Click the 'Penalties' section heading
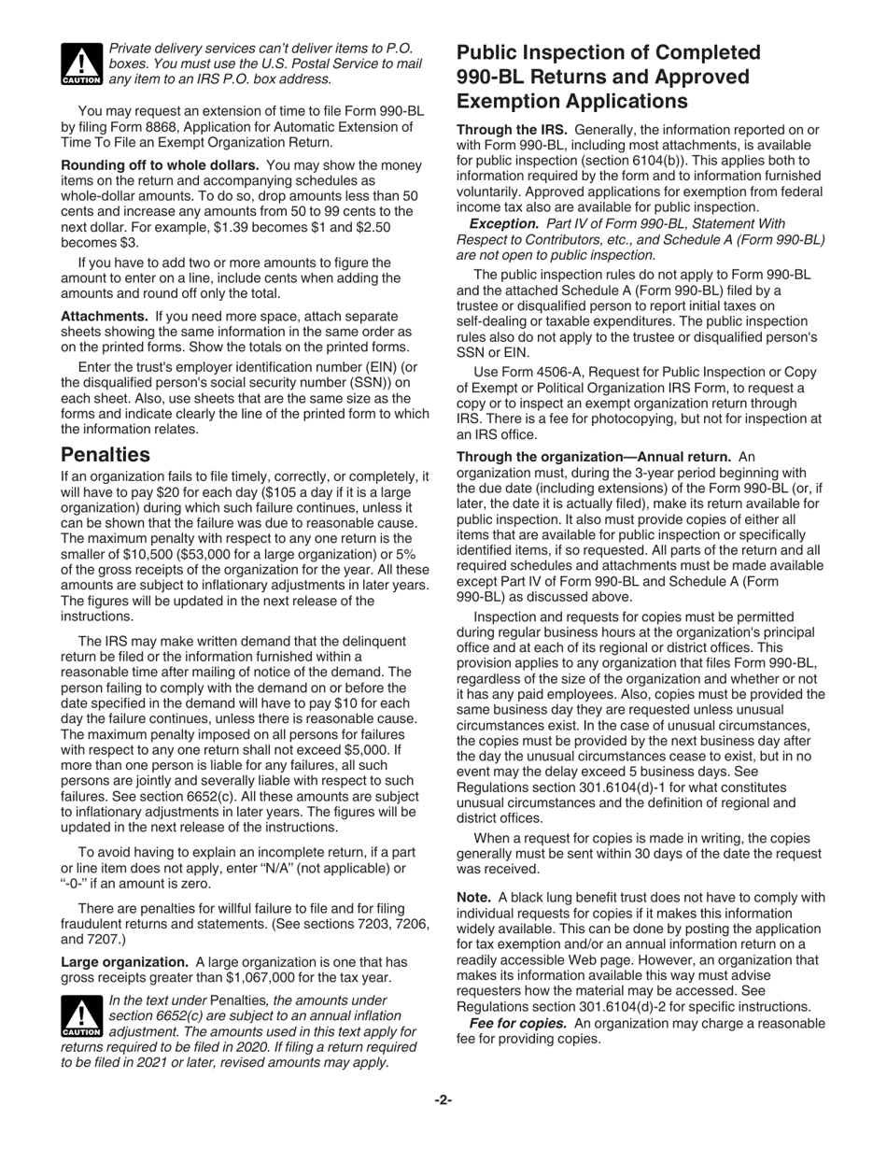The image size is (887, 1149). point(105,455)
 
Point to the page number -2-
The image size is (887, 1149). point(443,1100)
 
